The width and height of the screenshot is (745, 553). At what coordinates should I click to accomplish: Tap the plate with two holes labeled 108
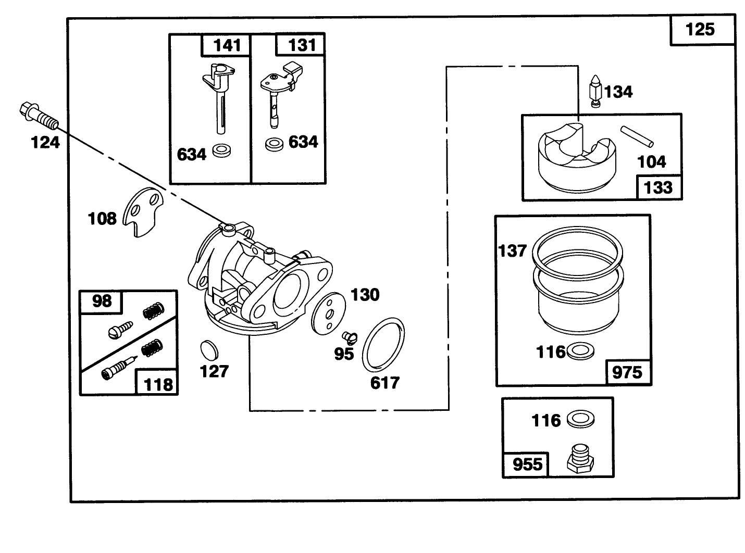tap(142, 212)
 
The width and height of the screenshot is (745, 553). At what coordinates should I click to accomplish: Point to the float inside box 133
tap(577, 156)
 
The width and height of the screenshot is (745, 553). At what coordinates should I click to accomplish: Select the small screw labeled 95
tap(350, 337)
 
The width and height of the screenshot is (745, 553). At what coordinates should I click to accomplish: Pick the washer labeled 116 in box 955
tap(580, 419)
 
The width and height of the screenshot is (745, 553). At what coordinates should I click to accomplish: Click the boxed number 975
tap(627, 372)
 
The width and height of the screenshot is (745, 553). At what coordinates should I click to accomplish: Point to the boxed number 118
tap(158, 384)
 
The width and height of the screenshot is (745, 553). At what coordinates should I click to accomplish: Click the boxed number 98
tap(102, 301)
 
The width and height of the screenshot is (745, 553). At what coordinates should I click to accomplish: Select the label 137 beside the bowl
tap(512, 251)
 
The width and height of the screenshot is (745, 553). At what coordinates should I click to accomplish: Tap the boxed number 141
tap(227, 45)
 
